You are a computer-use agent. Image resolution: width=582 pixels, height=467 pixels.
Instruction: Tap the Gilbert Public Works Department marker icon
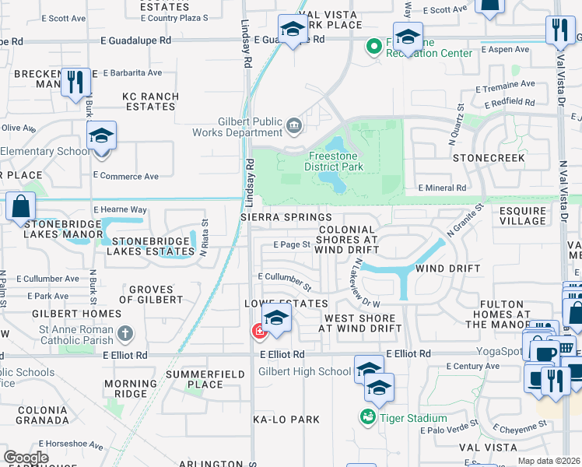click(x=295, y=125)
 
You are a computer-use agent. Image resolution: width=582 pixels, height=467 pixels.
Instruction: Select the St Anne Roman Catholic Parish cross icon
click(x=125, y=334)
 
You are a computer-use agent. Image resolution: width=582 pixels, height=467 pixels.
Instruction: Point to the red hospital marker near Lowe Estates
click(x=258, y=332)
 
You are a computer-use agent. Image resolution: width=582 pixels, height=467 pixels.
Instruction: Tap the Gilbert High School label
click(x=304, y=371)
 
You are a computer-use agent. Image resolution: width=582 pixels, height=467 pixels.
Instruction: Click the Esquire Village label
click(x=523, y=215)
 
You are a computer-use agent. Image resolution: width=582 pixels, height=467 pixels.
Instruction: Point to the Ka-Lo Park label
click(x=286, y=420)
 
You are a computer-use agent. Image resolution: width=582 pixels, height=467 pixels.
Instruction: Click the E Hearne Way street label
click(x=120, y=209)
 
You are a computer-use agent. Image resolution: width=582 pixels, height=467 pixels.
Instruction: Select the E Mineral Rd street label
click(x=442, y=188)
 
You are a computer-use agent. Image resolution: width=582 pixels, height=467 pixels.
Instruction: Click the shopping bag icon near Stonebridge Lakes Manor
click(x=20, y=207)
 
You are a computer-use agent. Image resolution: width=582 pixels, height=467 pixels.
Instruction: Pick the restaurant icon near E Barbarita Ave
click(x=75, y=82)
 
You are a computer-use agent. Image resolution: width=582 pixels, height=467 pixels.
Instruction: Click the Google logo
click(x=26, y=458)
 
